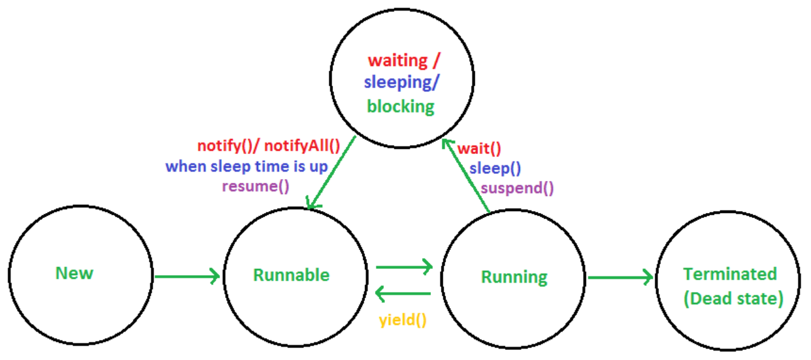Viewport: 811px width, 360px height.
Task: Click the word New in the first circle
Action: coord(74,273)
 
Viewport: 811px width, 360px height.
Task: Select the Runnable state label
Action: coord(291,275)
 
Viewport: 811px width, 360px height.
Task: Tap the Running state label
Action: coord(514,277)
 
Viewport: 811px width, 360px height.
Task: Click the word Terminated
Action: coord(730,274)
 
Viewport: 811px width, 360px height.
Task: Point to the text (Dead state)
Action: coord(733,298)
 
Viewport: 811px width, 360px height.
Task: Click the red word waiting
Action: coord(398,61)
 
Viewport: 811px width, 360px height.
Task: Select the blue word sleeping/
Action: coord(400,84)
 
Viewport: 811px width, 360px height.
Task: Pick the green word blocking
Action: coord(401,107)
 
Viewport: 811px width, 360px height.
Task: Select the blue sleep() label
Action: coord(495,168)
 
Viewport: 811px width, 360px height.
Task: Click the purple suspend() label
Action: coord(517,187)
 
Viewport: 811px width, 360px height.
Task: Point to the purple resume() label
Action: coord(256,186)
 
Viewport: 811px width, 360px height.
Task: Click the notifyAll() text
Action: coord(302,146)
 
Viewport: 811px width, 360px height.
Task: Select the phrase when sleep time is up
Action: coord(246,166)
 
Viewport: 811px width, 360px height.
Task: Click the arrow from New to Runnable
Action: coord(187,275)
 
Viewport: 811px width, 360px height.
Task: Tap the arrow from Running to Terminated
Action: coord(619,277)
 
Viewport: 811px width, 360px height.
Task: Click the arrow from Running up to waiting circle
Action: coord(465,176)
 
